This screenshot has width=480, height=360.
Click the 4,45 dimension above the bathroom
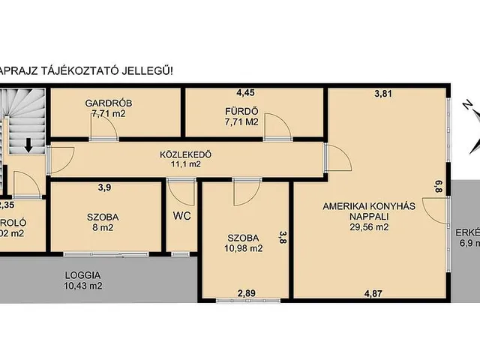point(245,93)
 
